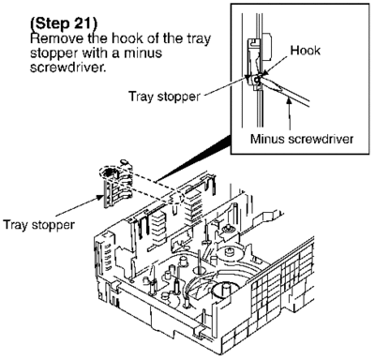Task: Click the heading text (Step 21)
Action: (64, 23)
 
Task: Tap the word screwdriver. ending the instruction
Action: (67, 67)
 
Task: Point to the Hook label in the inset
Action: (305, 51)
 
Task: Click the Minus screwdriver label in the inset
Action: (302, 139)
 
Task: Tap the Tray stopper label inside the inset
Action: (164, 97)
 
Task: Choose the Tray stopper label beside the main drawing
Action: (38, 225)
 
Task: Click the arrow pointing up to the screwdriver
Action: (290, 113)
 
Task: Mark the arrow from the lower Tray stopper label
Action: (80, 206)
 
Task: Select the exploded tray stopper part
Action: (117, 184)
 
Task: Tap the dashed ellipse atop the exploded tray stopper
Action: (111, 172)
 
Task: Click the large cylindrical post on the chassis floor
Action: (222, 292)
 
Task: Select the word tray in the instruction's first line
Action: (199, 39)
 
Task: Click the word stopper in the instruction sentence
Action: (53, 53)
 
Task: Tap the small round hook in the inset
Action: (257, 80)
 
